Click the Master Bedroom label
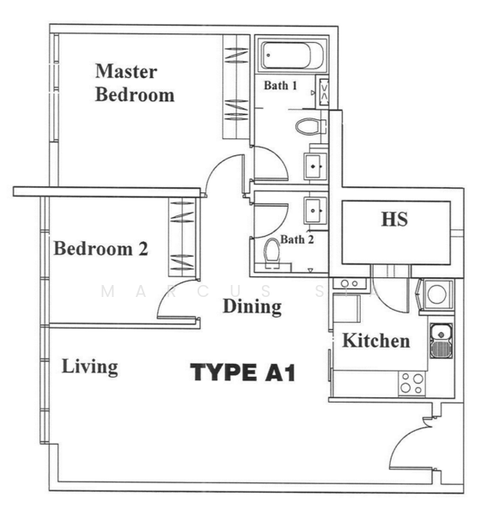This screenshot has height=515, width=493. [x=134, y=82]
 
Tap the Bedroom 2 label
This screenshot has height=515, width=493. [x=101, y=250]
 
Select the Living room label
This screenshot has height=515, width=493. [x=90, y=367]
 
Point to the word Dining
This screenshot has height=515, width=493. [x=253, y=306]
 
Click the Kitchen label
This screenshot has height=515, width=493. [x=376, y=341]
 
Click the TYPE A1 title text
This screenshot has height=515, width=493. [x=243, y=373]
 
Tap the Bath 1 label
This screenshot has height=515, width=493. [x=280, y=86]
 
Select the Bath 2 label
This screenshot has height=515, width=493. [x=297, y=239]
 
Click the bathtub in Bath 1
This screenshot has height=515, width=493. [x=291, y=57]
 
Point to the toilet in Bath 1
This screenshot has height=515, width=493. [x=307, y=127]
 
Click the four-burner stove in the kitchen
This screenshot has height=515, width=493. [x=411, y=383]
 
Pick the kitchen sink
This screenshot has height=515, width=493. [x=440, y=340]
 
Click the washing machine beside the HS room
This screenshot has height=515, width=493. [x=436, y=294]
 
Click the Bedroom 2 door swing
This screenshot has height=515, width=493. [x=179, y=308]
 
